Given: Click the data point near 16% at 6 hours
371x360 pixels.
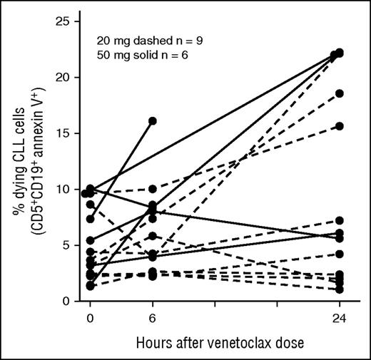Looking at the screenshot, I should [x=153, y=121].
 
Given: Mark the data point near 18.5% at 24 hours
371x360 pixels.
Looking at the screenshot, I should [x=340, y=93].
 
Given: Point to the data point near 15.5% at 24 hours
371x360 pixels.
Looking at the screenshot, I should [x=340, y=126].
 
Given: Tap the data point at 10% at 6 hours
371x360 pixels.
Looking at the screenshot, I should [x=153, y=189].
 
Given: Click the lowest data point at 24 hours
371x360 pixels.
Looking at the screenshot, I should [x=340, y=289].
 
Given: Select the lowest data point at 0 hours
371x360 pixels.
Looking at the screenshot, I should [x=91, y=285].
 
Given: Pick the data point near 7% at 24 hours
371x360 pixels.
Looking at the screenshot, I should [x=340, y=221].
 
